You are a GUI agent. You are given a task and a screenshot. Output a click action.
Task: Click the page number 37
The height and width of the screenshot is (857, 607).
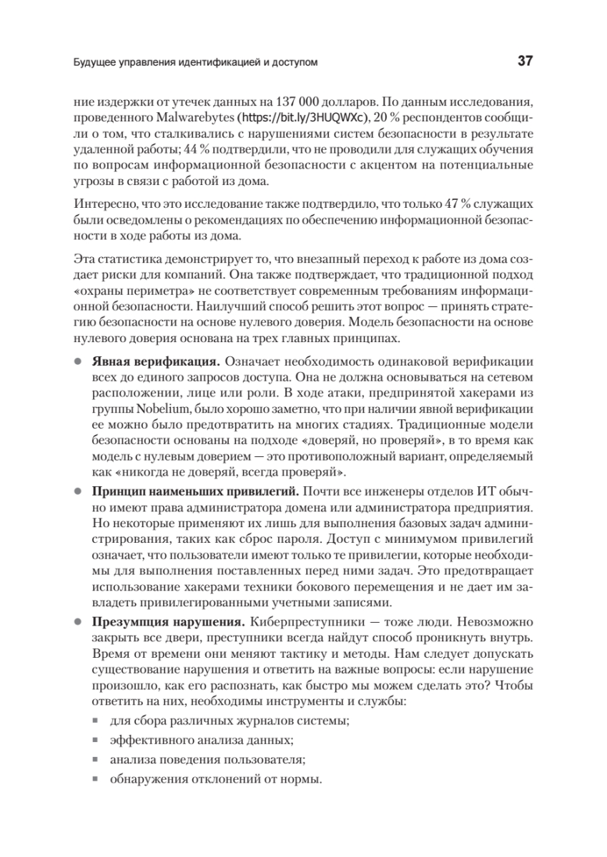[x=525, y=62]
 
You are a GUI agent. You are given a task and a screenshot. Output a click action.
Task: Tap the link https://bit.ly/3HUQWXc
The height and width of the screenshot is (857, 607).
[x=302, y=116]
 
